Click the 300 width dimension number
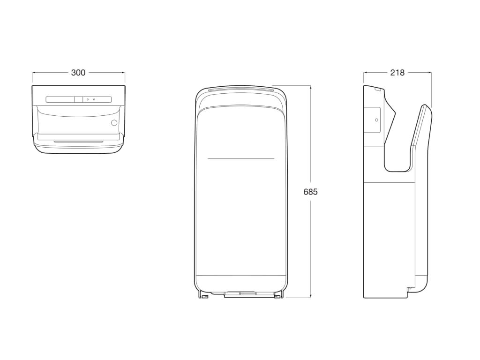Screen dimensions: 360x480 click(78, 73)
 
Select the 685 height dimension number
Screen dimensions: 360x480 click(310, 192)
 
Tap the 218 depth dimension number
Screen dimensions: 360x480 click(397, 73)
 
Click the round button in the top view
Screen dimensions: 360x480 click(114, 123)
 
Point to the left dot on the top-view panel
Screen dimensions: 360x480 click(88, 99)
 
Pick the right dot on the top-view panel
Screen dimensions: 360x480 click(94, 99)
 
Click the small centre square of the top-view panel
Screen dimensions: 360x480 click(78, 99)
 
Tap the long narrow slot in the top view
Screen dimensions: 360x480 click(78, 141)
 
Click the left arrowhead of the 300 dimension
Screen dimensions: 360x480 click(34, 73)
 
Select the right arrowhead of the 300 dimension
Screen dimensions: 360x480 click(123, 73)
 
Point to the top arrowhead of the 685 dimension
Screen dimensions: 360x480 click(310, 87)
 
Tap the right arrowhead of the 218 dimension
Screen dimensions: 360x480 click(430, 73)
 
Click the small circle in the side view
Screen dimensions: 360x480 click(375, 120)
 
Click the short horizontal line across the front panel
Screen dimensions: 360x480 click(241, 159)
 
